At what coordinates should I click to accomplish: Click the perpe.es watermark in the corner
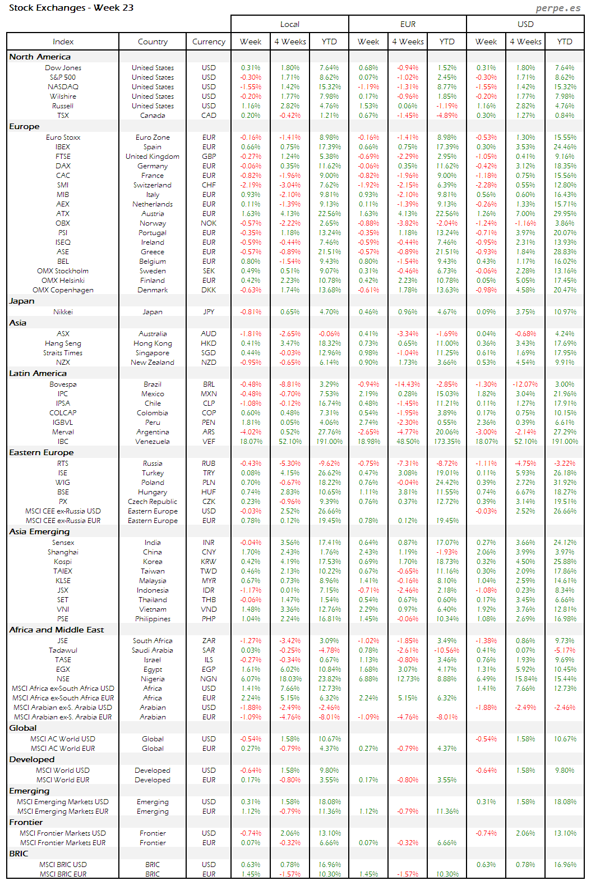click(x=558, y=8)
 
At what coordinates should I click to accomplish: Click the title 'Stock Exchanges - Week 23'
click(x=71, y=8)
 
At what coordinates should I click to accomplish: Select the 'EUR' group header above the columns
click(x=408, y=24)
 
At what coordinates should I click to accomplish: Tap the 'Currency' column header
click(x=209, y=42)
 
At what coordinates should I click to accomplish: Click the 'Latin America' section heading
click(x=38, y=373)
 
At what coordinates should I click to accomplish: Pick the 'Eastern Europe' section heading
click(x=41, y=452)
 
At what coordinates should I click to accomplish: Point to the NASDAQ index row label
click(x=63, y=87)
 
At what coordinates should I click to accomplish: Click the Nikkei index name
click(x=63, y=312)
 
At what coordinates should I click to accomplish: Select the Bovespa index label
click(x=63, y=384)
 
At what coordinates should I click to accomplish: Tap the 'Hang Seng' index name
click(x=63, y=343)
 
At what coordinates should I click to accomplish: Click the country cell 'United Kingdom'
click(x=153, y=157)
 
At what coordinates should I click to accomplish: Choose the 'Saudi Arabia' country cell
click(x=153, y=650)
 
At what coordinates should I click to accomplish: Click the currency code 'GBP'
click(x=209, y=157)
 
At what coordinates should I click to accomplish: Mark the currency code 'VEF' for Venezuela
click(x=209, y=442)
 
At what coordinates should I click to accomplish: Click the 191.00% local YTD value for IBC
click(x=329, y=442)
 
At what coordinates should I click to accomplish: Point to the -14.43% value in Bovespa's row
click(x=408, y=384)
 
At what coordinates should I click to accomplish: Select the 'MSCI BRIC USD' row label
click(x=63, y=865)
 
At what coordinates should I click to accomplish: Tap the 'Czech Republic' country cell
click(x=153, y=502)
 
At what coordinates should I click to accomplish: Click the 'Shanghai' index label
click(x=63, y=552)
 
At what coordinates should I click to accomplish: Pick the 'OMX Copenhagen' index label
click(x=63, y=290)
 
